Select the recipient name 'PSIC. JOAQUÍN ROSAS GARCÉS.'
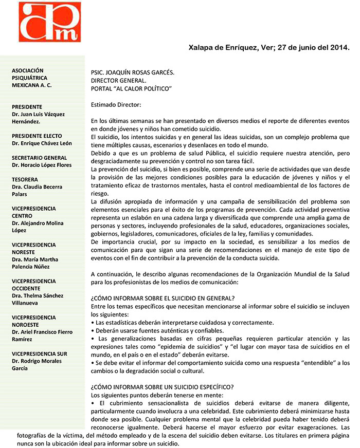pos(132,73)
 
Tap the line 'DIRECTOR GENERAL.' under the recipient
pos(118,81)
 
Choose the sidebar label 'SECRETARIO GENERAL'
pos(39,157)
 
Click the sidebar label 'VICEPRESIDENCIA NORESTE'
pos(33,249)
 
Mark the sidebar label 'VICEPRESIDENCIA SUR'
pos(40,353)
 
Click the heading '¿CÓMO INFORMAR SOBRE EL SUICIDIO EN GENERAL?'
pos(163,298)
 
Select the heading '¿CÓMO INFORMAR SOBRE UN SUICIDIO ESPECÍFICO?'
pos(162,387)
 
